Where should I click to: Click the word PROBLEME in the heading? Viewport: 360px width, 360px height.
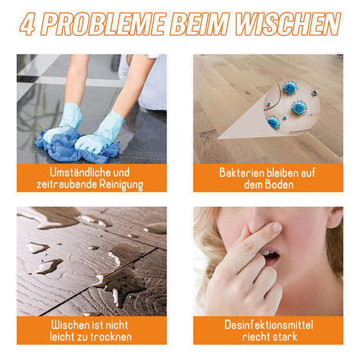97,25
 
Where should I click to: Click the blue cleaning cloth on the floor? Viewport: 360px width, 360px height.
74,147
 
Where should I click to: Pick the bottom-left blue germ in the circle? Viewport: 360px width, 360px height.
274,122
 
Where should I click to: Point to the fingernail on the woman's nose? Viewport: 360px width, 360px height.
276,227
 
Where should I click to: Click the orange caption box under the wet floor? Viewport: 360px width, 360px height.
91,330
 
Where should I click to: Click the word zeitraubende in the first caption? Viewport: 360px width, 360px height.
67,184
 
